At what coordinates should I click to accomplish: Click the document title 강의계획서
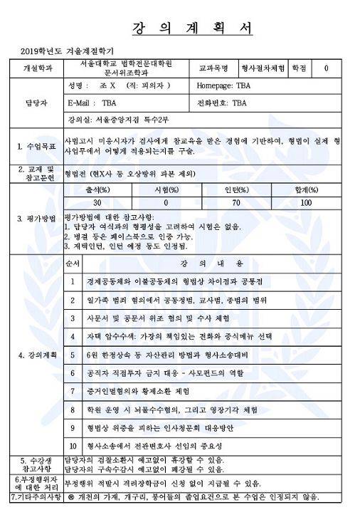point(192,29)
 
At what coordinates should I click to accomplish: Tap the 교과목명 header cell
point(213,68)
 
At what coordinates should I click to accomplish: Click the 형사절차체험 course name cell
point(263,68)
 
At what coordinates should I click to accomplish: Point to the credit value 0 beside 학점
point(326,68)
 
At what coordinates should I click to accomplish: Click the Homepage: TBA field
point(226,85)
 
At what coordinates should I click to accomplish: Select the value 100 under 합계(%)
point(307,202)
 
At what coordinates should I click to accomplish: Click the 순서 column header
point(73,263)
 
